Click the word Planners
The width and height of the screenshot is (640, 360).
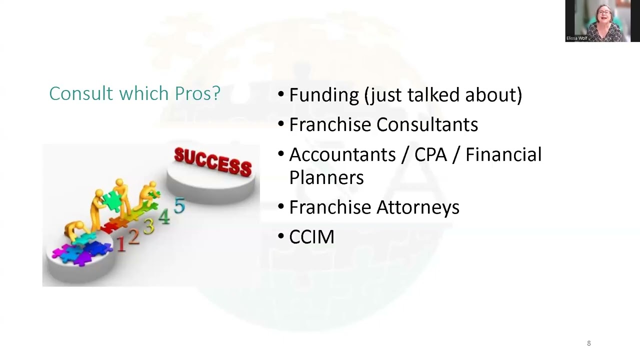point(326,177)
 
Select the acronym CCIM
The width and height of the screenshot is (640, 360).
point(311,237)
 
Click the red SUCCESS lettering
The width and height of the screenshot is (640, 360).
point(213,161)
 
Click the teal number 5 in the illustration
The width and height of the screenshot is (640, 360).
point(179,206)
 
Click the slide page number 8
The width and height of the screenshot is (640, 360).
point(588,343)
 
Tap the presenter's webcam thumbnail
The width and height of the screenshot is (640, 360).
point(602,21)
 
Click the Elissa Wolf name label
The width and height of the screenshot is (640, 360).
point(576,38)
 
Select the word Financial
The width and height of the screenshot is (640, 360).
point(503,155)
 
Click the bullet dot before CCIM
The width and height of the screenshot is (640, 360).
point(281,237)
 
